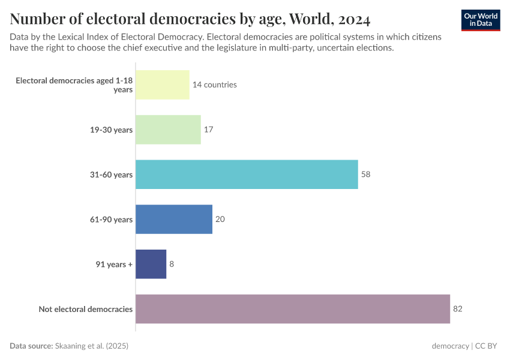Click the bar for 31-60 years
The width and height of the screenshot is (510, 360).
[x=247, y=175]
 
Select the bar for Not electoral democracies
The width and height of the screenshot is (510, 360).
[x=293, y=309]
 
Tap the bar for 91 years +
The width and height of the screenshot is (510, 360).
[x=151, y=264]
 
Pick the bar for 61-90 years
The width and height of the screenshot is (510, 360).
[x=174, y=219]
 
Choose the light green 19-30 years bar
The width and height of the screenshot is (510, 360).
[x=168, y=130]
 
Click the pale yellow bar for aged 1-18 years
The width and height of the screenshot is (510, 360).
[x=162, y=85]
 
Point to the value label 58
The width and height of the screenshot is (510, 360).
[x=366, y=175]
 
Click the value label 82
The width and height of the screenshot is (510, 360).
[x=458, y=309]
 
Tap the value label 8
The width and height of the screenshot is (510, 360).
[x=172, y=264]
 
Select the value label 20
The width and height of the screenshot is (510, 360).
[x=220, y=219]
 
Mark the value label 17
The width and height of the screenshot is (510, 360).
[x=209, y=130]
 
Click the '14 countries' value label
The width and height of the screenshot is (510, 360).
[x=214, y=85]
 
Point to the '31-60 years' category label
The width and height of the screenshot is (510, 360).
[x=111, y=175]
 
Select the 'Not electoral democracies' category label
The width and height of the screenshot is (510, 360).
[x=86, y=309]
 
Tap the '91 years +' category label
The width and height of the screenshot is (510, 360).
[x=114, y=264]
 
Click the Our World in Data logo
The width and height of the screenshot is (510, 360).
[x=480, y=20]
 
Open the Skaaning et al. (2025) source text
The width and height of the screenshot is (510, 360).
[x=92, y=346]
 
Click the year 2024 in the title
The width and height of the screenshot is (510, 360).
[x=354, y=19]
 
